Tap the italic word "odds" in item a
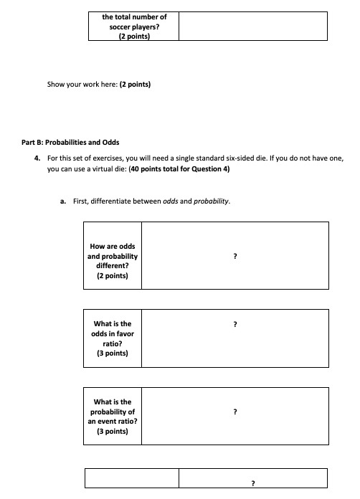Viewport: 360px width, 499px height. pos(171,202)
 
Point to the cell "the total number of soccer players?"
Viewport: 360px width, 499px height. pos(134,21)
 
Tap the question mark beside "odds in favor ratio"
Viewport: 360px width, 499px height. pos(235,325)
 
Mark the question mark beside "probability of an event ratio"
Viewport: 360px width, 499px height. pos(235,412)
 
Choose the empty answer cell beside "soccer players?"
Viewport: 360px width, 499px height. pos(252,26)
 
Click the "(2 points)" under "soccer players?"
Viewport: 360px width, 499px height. pos(134,37)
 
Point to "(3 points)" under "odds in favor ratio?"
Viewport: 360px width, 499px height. pos(113,353)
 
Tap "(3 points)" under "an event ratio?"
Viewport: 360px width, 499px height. pos(113,432)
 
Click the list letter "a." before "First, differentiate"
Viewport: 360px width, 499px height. pos(64,202)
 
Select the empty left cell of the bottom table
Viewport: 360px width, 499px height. pos(132,478)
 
